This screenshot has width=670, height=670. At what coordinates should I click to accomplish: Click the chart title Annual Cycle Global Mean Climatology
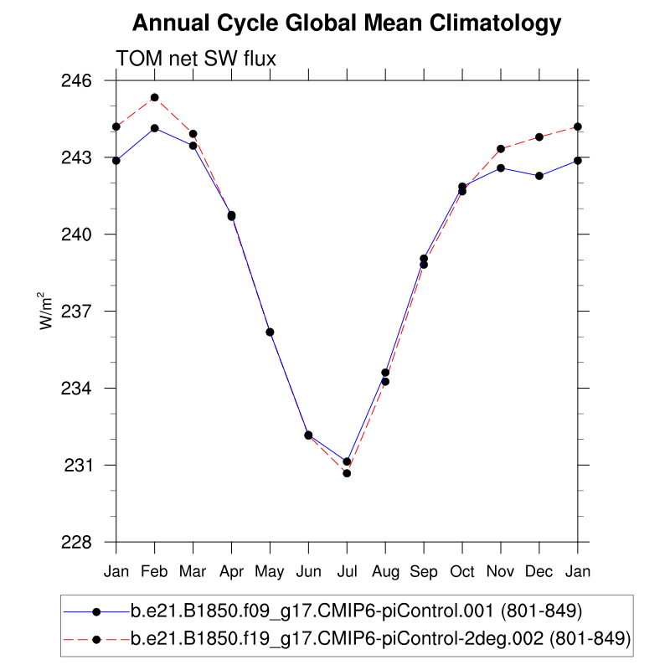pyautogui.click(x=347, y=23)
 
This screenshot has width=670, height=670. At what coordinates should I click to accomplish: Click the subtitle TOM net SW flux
pyautogui.click(x=196, y=59)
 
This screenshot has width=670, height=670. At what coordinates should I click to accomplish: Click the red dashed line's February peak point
pyautogui.click(x=155, y=98)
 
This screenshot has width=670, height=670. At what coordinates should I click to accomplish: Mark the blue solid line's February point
pyautogui.click(x=155, y=128)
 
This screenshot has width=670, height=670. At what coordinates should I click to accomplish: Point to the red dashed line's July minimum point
pyautogui.click(x=347, y=473)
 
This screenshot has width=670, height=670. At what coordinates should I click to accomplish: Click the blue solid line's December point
pyautogui.click(x=539, y=176)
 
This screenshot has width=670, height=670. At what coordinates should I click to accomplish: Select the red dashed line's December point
pyautogui.click(x=539, y=137)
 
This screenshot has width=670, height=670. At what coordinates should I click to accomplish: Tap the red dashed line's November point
pyautogui.click(x=501, y=149)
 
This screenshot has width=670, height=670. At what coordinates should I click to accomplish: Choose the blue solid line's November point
pyautogui.click(x=501, y=168)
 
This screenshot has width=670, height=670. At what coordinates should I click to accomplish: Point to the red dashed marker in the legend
pyautogui.click(x=96, y=640)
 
